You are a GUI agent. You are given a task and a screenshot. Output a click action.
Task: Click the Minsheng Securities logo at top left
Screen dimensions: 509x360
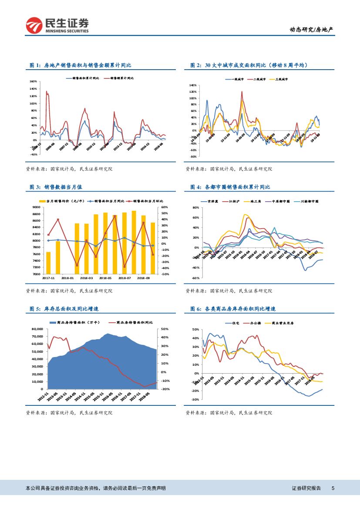pos(57,26)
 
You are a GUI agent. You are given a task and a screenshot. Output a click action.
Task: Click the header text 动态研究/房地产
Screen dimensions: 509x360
pos(312,30)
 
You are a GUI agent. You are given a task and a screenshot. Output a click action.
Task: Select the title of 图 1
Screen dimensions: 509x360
pos(81,65)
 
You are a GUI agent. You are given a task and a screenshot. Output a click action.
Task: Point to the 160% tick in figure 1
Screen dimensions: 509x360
pos(33,81)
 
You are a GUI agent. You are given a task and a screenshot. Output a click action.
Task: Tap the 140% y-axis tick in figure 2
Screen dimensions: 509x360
pos(193,85)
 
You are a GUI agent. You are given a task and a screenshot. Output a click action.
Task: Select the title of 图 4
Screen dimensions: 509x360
pos(230,187)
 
